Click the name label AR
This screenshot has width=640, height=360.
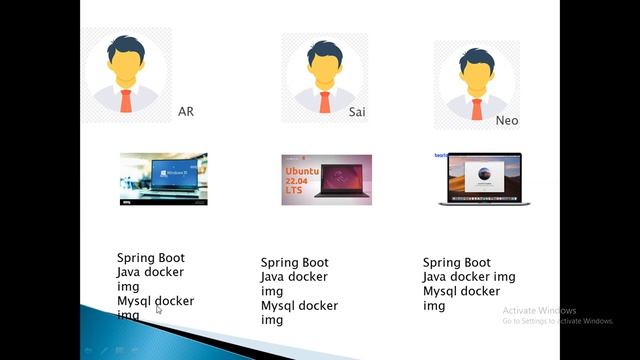pos(185,111)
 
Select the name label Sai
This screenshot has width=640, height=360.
pos(356,112)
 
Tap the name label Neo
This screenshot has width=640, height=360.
pos(507,120)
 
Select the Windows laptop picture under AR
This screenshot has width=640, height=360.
pos(163,178)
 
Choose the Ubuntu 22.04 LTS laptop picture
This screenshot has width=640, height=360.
pos(326,179)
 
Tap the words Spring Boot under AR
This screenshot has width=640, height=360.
pos(151,258)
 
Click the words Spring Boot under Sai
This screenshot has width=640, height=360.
pos(295,263)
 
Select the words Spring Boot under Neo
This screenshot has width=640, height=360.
pos(457,263)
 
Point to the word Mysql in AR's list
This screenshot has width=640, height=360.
pos(134,300)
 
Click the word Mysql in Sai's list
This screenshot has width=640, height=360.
pos(278,306)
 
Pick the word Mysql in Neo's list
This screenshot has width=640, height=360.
pos(440,291)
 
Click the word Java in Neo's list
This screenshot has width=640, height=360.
pos(435,277)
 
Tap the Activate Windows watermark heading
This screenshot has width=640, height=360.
pos(540,310)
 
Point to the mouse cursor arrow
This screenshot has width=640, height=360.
pos(158,310)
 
